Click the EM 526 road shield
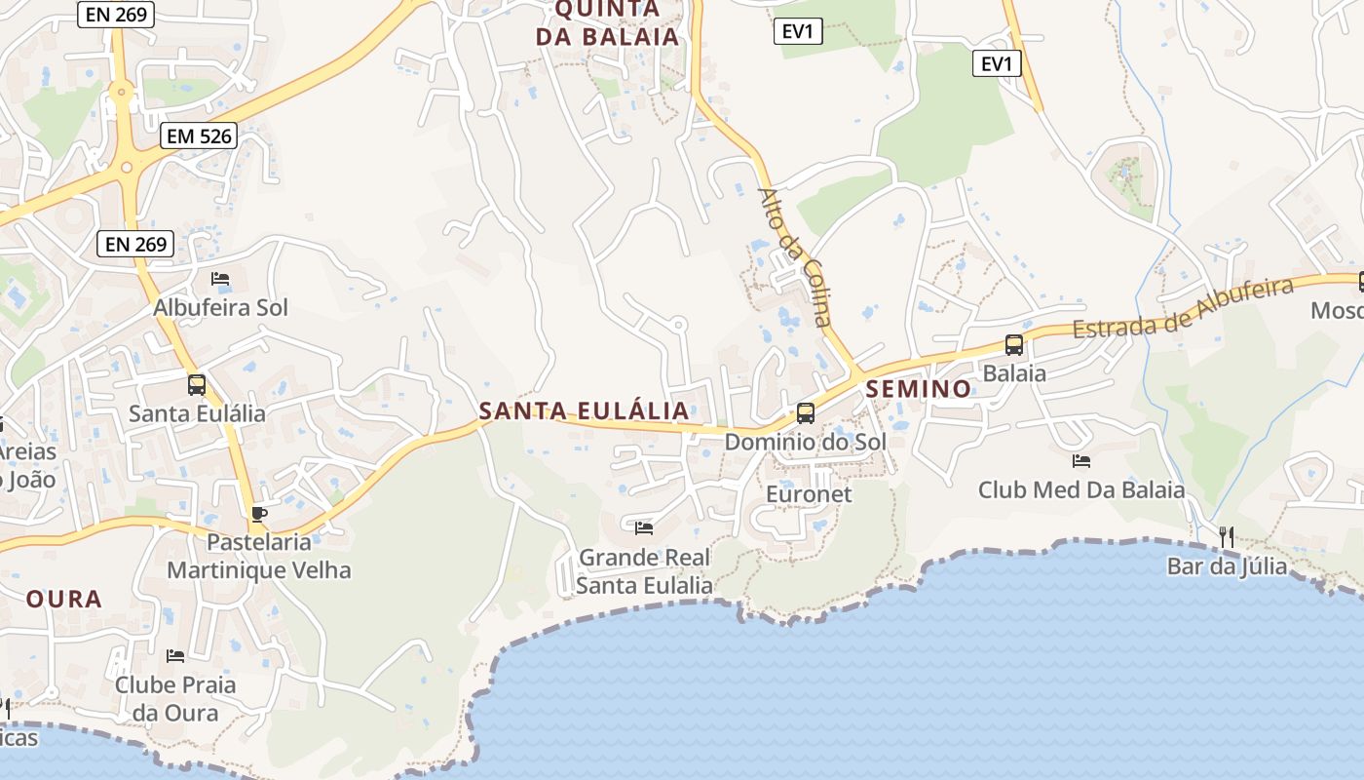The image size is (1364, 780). click(x=200, y=136)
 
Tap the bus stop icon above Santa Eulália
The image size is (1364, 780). click(x=197, y=384)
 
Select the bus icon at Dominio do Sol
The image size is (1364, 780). click(x=805, y=412)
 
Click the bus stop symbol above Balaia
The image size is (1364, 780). click(x=1014, y=344)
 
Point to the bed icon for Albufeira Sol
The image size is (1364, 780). click(x=220, y=279)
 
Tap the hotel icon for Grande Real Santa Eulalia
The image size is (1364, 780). click(x=644, y=527)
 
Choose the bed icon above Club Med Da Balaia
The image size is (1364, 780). click(x=1080, y=460)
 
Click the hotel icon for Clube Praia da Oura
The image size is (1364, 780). click(x=175, y=655)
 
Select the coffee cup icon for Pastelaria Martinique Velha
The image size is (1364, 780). click(x=258, y=513)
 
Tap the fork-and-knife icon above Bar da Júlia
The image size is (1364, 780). click(x=1227, y=536)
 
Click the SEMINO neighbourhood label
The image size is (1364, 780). click(x=919, y=389)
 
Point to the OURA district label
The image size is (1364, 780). click(x=64, y=599)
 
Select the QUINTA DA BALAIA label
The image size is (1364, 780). click(x=607, y=22)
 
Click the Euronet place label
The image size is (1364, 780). click(x=809, y=494)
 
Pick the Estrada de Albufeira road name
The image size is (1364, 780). click(x=1183, y=307)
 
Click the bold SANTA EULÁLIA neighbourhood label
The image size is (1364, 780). click(x=584, y=410)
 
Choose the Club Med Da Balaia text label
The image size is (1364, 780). click(x=1081, y=489)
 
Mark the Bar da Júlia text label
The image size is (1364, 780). click(x=1227, y=565)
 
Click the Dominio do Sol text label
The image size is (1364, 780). click(x=805, y=442)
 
